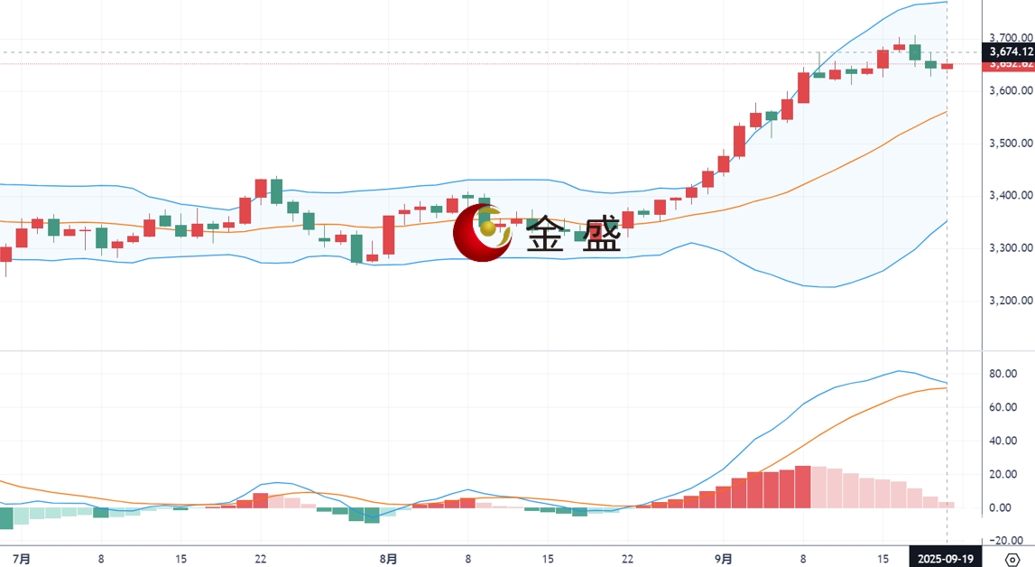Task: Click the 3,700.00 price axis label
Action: coord(1011,38)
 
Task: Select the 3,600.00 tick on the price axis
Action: coord(1011,91)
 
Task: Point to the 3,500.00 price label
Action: coord(1011,144)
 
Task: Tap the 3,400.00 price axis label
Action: coord(1011,196)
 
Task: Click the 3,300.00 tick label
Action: coord(1011,248)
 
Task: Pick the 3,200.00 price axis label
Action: coord(1011,301)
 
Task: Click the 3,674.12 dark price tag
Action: coord(1011,52)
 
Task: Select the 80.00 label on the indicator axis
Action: coord(1003,374)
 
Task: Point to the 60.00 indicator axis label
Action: coord(1003,407)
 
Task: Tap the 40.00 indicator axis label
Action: coord(1003,441)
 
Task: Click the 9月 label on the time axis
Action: coord(722,559)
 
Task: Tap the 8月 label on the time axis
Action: coord(388,559)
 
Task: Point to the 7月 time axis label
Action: coord(23,559)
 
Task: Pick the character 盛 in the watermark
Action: coord(602,237)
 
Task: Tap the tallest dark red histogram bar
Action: coord(802,487)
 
